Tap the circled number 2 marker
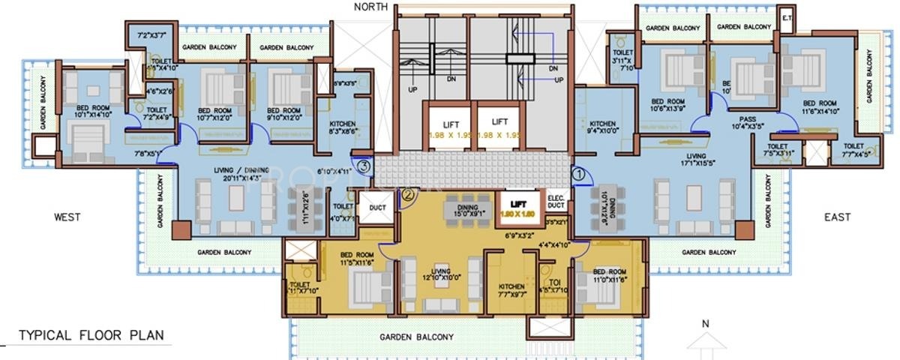408,194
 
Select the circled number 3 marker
363,166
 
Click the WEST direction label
67,217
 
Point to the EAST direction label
836,217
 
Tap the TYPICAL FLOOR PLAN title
91,335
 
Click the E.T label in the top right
787,17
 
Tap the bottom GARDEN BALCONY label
416,337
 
